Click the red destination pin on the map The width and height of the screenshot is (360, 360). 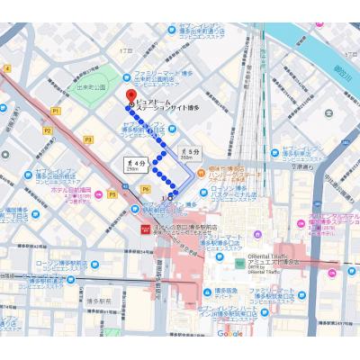pos(131,95)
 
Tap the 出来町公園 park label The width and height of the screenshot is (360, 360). pos(90,87)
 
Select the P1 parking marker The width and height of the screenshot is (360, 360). pos(56,110)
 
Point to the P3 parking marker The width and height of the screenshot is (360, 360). pos(88,140)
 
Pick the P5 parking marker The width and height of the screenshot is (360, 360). pos(112,194)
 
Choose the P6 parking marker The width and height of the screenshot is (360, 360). pos(145,190)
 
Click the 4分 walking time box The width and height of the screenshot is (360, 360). pos(131,163)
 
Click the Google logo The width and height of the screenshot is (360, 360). pos(229,333)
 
